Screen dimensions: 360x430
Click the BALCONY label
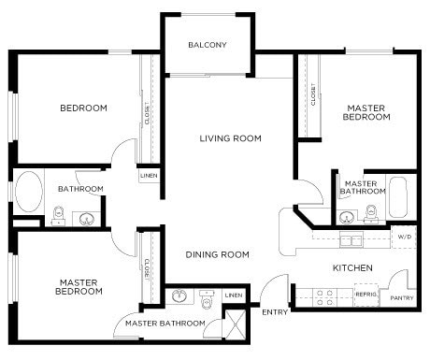pyautogui.click(x=207, y=45)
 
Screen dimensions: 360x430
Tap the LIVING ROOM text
pyautogui.click(x=230, y=138)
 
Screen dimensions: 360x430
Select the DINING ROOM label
pyautogui.click(x=217, y=254)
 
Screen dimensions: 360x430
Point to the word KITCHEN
pyautogui.click(x=353, y=268)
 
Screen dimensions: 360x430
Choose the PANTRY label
pyautogui.click(x=402, y=298)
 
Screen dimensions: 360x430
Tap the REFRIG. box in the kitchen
pyautogui.click(x=366, y=294)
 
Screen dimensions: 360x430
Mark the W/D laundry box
pyautogui.click(x=404, y=238)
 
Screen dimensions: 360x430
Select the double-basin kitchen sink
pyautogui.click(x=351, y=240)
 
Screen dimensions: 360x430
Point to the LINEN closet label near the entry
pyautogui.click(x=234, y=296)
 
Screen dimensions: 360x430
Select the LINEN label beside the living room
pyautogui.click(x=149, y=175)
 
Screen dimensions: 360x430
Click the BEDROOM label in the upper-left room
pyautogui.click(x=84, y=108)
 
